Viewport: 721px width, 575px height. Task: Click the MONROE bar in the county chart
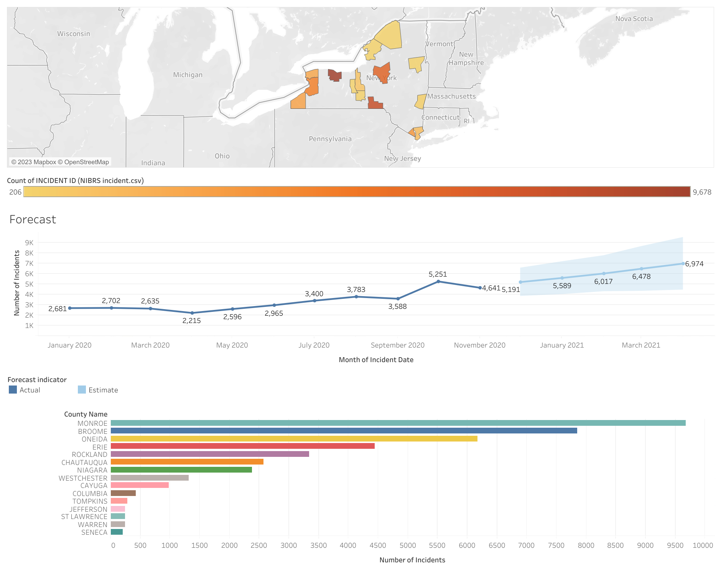click(x=398, y=423)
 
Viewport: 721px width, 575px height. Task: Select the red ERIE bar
click(x=242, y=446)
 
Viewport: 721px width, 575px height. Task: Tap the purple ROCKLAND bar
click(x=210, y=454)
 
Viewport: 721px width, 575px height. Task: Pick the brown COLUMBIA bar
click(x=123, y=493)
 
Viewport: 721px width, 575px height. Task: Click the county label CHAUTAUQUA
click(x=84, y=463)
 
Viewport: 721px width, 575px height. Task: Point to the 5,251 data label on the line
click(x=438, y=274)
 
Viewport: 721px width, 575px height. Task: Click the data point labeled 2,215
click(x=193, y=313)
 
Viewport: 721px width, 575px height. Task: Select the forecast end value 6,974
click(x=694, y=264)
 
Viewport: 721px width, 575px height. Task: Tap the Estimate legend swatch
click(x=82, y=390)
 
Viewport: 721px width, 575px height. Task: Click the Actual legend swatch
click(x=13, y=390)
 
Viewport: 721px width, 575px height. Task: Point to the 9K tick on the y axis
click(x=29, y=243)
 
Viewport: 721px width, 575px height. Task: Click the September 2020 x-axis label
click(x=397, y=345)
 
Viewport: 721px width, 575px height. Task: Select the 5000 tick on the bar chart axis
click(x=408, y=545)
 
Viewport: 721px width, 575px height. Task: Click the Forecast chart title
click(x=33, y=219)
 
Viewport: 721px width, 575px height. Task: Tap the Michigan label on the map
click(x=188, y=75)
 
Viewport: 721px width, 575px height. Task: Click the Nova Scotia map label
click(x=634, y=19)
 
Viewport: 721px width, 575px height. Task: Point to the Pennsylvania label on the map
click(x=330, y=139)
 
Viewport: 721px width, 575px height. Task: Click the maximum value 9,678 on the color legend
click(x=702, y=192)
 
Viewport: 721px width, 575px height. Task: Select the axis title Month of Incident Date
click(x=376, y=360)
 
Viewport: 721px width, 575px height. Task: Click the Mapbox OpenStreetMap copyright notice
click(x=60, y=162)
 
